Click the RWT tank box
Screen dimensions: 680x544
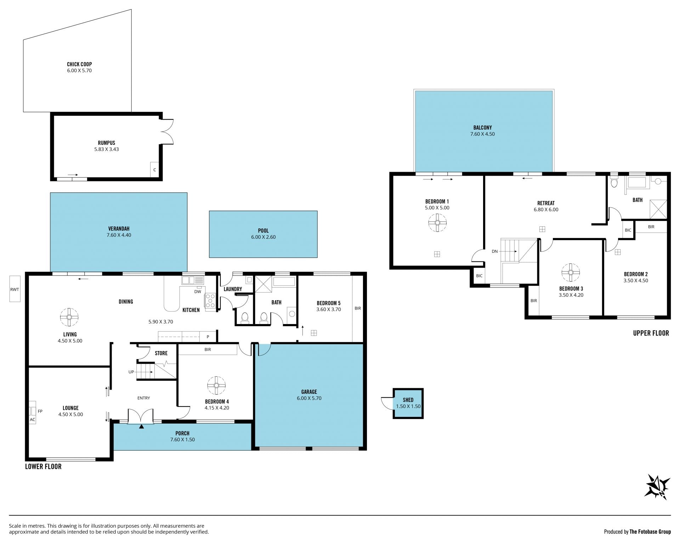15,289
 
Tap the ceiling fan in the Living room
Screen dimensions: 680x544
69,317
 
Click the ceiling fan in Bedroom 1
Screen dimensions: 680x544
437,222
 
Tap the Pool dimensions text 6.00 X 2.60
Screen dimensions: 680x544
263,237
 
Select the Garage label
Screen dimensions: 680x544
309,392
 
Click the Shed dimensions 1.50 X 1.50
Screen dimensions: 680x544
408,406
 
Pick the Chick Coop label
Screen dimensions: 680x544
79,64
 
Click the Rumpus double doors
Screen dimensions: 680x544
167,131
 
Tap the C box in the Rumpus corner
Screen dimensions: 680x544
154,170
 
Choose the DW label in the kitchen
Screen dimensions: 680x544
198,292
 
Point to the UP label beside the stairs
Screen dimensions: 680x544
131,372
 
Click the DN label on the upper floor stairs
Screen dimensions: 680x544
495,251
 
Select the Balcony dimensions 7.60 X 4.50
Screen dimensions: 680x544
482,134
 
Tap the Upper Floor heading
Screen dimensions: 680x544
651,333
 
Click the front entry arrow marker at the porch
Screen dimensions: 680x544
142,427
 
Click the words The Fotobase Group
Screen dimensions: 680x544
650,532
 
